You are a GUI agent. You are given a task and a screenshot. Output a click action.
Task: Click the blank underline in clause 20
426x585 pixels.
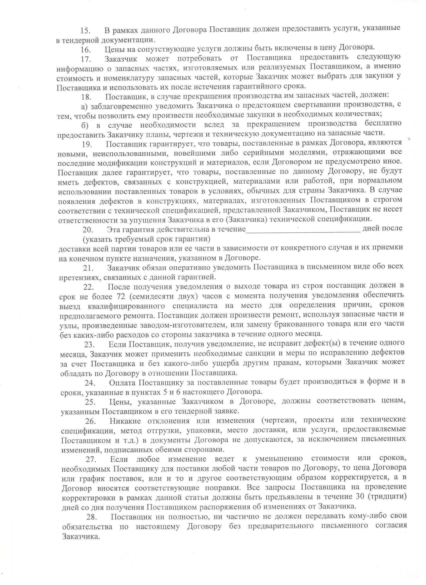click(x=303, y=230)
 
